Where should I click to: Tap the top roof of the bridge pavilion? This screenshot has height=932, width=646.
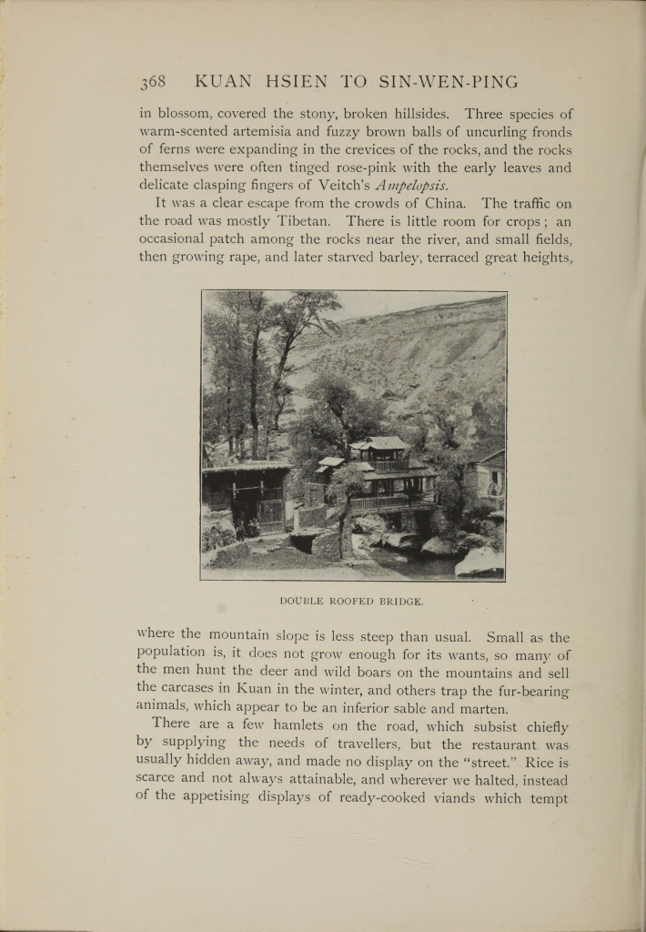click(x=380, y=443)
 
